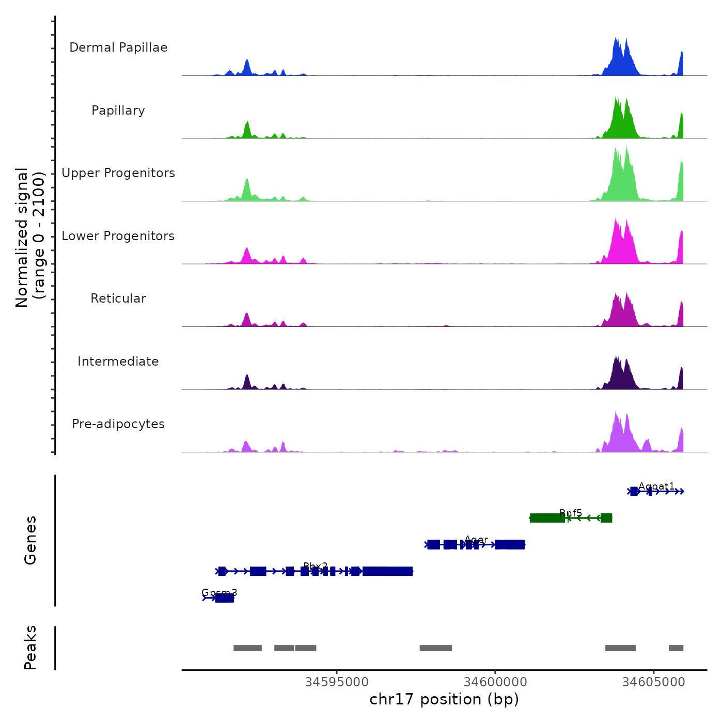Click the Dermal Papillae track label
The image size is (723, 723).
click(x=118, y=48)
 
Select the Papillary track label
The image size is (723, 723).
click(x=118, y=111)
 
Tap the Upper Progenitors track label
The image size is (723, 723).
click(x=118, y=173)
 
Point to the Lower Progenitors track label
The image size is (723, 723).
click(x=118, y=236)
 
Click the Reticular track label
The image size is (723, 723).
click(x=118, y=298)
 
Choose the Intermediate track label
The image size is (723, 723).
click(x=118, y=361)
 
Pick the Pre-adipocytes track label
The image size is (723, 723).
click(x=118, y=424)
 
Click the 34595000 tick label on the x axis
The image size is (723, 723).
click(x=337, y=682)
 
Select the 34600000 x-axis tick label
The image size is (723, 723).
click(x=495, y=682)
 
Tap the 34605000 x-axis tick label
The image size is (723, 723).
click(x=653, y=682)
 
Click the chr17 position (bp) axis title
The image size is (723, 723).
click(x=444, y=699)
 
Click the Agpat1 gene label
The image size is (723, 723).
click(x=656, y=486)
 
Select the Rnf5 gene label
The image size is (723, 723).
click(x=571, y=513)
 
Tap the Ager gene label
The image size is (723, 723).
click(x=476, y=540)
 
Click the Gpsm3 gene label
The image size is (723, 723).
click(x=219, y=592)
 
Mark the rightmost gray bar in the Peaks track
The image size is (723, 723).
click(x=676, y=648)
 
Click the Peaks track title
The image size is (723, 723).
click(x=30, y=648)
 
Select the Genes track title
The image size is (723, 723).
click(x=30, y=540)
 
